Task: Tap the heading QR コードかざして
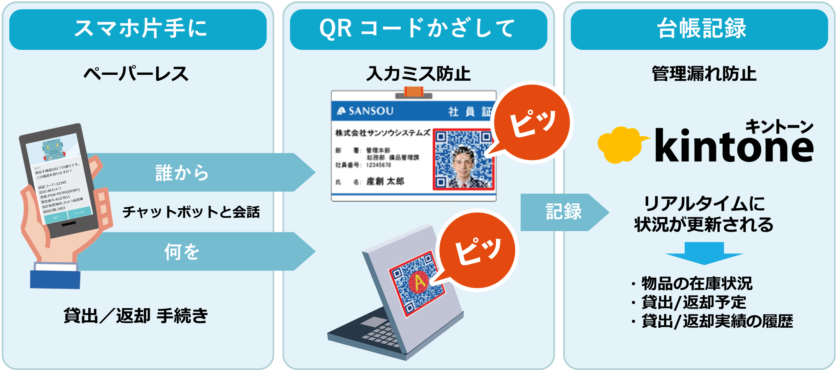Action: tap(418, 28)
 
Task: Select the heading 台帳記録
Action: tap(701, 28)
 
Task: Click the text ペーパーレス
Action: tap(136, 74)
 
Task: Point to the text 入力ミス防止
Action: tap(418, 74)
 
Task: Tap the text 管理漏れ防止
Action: tap(704, 74)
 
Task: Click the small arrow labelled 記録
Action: tap(563, 212)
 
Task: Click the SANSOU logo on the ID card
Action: tap(366, 111)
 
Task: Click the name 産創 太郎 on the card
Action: tap(385, 181)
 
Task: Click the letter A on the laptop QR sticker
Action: tap(419, 283)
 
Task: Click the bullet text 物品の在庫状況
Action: tap(696, 283)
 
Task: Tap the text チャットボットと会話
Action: tap(191, 212)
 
